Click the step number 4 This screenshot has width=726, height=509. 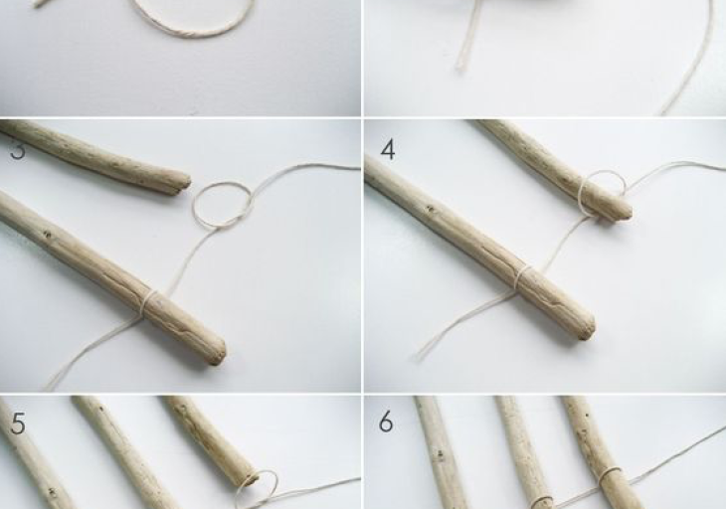pyautogui.click(x=388, y=150)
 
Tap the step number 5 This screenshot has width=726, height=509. pyautogui.click(x=18, y=424)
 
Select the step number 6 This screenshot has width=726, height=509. pyautogui.click(x=386, y=422)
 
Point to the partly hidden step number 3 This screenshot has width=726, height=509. pyautogui.click(x=17, y=151)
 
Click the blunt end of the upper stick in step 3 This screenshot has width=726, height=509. pyautogui.click(x=184, y=183)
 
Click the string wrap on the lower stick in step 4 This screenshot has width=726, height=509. pyautogui.click(x=523, y=280)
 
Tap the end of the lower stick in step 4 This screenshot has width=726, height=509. pyautogui.click(x=587, y=327)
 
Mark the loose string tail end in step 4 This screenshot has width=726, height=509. pyautogui.click(x=419, y=355)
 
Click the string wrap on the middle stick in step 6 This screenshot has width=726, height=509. pyautogui.click(x=541, y=502)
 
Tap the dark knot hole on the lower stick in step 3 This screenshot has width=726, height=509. pyautogui.click(x=47, y=235)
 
